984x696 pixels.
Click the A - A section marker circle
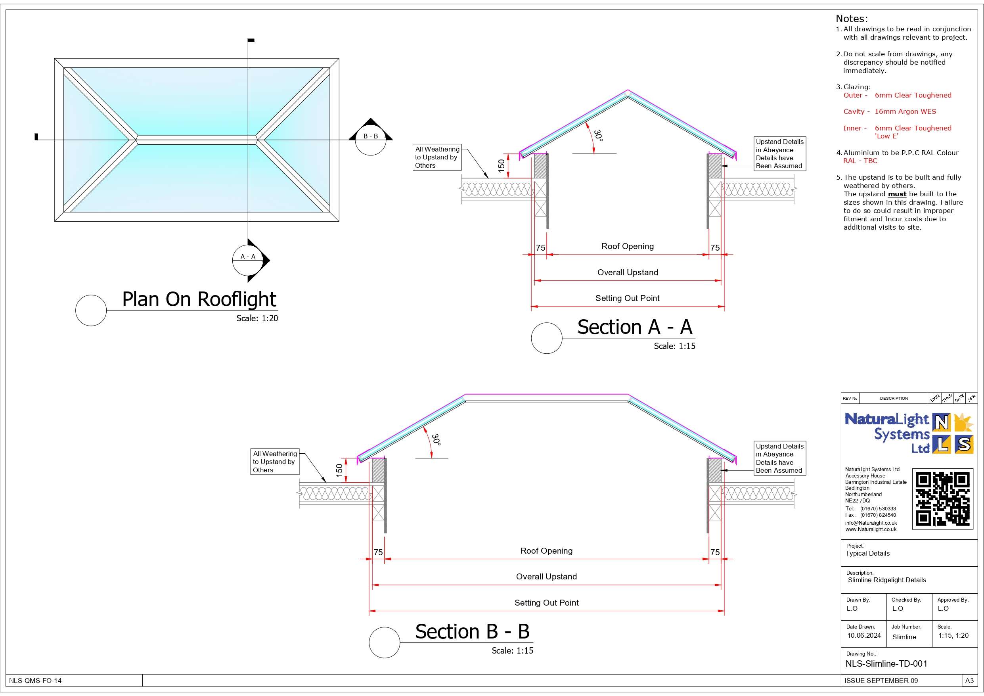248,260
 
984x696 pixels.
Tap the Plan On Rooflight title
199,299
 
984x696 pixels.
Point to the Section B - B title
472,632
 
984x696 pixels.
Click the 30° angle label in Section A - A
598,136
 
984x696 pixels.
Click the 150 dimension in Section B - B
339,470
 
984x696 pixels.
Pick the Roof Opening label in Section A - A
628,246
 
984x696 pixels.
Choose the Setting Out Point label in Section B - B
546,602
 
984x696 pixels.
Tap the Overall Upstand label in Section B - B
546,576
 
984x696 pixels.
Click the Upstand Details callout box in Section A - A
779,153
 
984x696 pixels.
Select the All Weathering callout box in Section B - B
275,462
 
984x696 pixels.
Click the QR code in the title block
942,499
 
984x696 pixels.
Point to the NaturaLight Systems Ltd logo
909,433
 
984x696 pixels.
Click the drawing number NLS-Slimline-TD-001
886,664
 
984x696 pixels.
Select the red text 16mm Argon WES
905,111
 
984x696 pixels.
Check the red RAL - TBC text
860,161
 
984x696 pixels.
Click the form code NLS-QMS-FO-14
35,681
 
